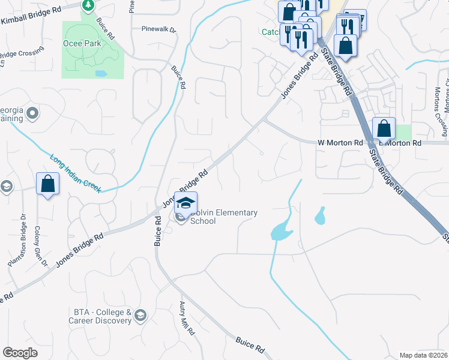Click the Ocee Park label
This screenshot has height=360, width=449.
tap(79, 44)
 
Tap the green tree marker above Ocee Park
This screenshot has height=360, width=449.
tap(89, 5)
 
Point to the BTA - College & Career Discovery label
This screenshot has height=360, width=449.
tap(103, 316)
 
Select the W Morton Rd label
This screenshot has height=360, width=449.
tap(340, 143)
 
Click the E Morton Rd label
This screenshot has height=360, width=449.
tap(400, 143)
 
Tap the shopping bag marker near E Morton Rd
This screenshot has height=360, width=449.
tap(384, 128)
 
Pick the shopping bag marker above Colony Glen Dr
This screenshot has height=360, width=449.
tap(48, 184)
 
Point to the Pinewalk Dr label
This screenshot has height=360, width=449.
tap(159, 29)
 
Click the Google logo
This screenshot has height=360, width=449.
tap(20, 352)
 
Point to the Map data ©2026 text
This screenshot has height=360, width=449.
tap(423, 355)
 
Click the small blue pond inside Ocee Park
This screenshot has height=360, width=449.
tap(100, 74)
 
